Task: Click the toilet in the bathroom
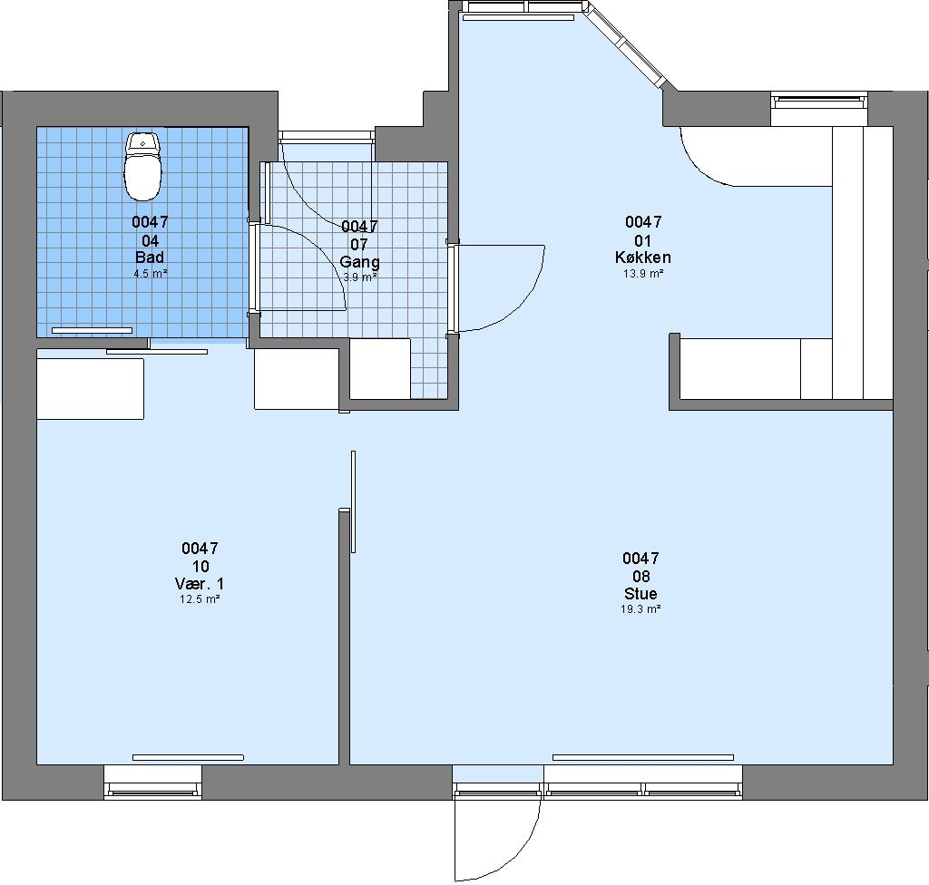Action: click(142, 167)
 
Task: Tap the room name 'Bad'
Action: click(150, 258)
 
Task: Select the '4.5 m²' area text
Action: click(151, 274)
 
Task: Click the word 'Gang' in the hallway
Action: click(359, 262)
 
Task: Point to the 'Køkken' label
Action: click(643, 258)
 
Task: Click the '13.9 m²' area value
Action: click(643, 274)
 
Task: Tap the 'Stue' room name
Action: click(641, 594)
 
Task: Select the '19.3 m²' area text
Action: click(641, 609)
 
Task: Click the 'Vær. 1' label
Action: click(200, 583)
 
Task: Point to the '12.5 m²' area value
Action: click(200, 598)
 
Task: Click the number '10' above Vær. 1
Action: click(200, 567)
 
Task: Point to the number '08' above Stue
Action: click(641, 577)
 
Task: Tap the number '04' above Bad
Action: click(151, 240)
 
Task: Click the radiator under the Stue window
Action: click(643, 758)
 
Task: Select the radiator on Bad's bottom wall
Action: click(92, 330)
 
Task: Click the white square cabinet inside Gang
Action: click(380, 368)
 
